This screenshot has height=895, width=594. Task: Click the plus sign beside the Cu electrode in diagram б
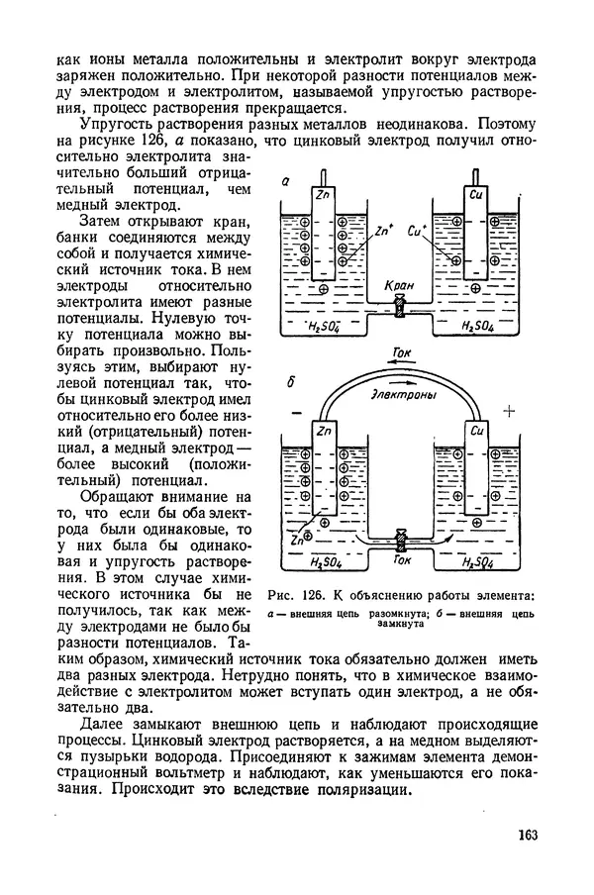tap(510, 413)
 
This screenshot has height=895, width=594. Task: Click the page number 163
tap(526, 834)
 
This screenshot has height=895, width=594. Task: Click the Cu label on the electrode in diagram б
tap(476, 430)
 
